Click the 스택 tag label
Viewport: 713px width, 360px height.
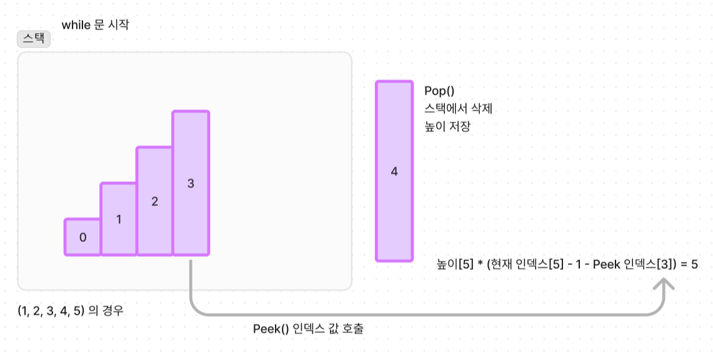click(x=34, y=39)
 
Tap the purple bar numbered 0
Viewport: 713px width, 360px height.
click(x=82, y=237)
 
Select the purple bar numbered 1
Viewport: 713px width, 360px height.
click(x=119, y=219)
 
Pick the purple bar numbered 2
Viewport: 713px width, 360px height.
click(x=154, y=201)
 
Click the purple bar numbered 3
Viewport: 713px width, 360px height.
click(x=191, y=183)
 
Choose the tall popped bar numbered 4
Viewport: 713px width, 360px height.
click(x=394, y=171)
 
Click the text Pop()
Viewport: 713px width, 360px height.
click(x=439, y=91)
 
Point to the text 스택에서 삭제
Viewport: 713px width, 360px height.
click(x=459, y=109)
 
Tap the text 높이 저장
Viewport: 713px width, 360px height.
click(x=447, y=126)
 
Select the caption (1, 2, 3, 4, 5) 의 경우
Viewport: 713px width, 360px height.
click(x=71, y=311)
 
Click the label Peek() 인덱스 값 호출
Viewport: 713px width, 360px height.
click(x=308, y=329)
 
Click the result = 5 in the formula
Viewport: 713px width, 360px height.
click(x=689, y=264)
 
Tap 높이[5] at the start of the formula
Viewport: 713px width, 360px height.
click(x=454, y=264)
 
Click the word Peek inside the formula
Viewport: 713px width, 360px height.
click(x=606, y=264)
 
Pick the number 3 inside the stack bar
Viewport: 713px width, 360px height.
click(x=191, y=183)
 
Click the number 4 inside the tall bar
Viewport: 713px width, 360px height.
click(x=394, y=171)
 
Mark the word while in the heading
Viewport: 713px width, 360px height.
click(x=76, y=26)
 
